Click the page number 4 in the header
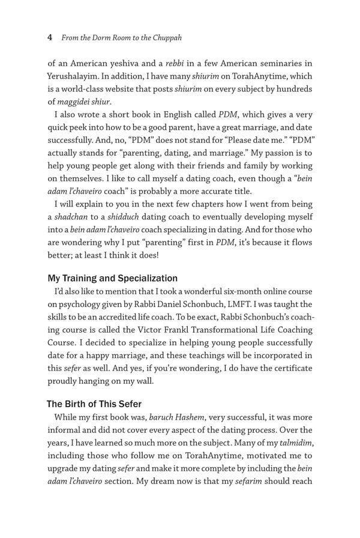tap(50, 38)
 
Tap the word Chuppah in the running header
tap(165, 38)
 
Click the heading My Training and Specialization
tap(113, 278)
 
